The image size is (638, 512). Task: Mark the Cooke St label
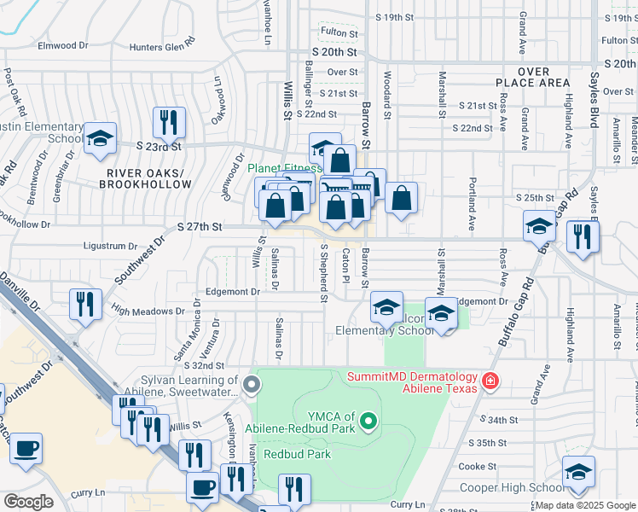pyautogui.click(x=478, y=467)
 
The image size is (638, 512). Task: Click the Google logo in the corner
pyautogui.click(x=28, y=502)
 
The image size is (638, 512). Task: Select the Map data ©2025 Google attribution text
pyautogui.click(x=584, y=506)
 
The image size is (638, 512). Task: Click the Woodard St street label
pyautogui.click(x=387, y=100)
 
